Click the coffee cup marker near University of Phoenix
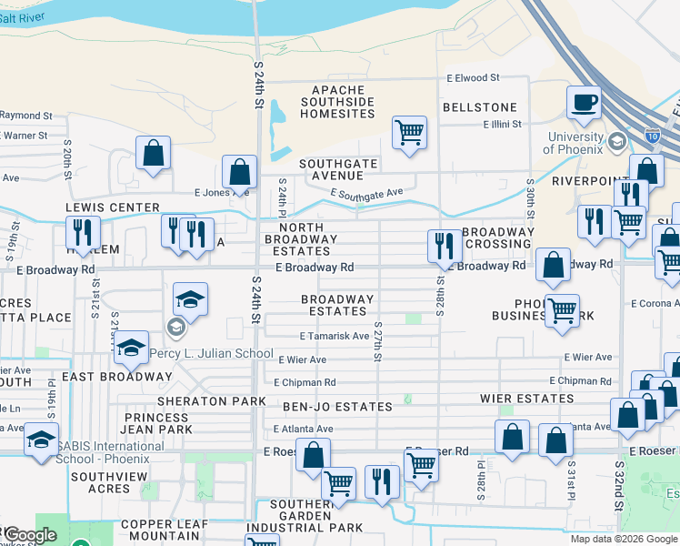pyautogui.click(x=584, y=103)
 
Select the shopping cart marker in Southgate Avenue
pyautogui.click(x=410, y=132)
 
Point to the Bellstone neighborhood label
pyautogui.click(x=479, y=107)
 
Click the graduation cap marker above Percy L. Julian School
pyautogui.click(x=190, y=299)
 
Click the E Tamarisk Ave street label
pyautogui.click(x=309, y=336)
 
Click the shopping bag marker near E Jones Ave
pyautogui.click(x=239, y=171)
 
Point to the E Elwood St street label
pyautogui.click(x=473, y=79)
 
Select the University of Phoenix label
pyautogui.click(x=574, y=143)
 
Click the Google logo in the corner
pyautogui.click(x=29, y=536)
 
